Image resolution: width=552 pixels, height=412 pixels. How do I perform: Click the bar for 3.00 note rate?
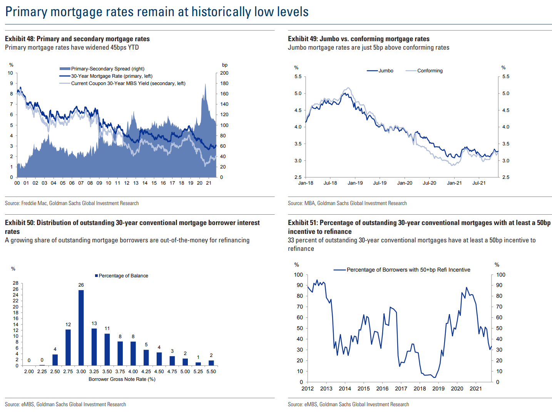[x=81, y=328]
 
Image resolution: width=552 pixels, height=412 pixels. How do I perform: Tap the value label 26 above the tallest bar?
[x=81, y=285]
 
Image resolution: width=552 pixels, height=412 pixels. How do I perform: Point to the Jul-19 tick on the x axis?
[x=380, y=183]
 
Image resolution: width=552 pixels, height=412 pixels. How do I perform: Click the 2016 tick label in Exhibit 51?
[x=382, y=389]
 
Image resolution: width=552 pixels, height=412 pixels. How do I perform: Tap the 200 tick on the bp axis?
[x=224, y=73]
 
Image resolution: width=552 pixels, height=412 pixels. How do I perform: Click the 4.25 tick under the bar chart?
[x=146, y=372]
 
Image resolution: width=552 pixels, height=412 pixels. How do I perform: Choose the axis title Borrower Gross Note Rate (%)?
[x=122, y=379]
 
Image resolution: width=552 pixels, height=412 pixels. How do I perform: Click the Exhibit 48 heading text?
[x=77, y=39]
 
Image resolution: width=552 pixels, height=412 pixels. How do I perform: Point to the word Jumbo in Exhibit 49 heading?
[x=330, y=39]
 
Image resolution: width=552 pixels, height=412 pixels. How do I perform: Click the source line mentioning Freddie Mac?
[x=72, y=203]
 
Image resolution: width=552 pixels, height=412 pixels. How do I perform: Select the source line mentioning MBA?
[x=347, y=203]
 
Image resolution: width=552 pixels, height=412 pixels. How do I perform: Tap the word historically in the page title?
[x=221, y=12]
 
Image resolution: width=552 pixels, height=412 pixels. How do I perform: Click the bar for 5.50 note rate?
[x=211, y=363]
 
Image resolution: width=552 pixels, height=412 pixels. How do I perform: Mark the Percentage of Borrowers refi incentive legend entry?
[x=408, y=270]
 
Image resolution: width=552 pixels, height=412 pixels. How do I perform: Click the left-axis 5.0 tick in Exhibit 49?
[x=298, y=93]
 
